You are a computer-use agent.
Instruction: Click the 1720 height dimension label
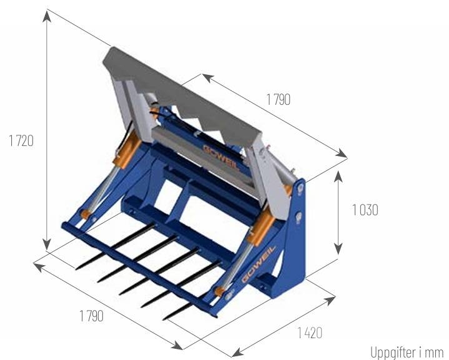(21, 141)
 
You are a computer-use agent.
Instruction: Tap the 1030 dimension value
(365, 210)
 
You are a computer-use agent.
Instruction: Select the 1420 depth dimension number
(310, 333)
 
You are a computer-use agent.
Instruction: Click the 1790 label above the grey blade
(279, 100)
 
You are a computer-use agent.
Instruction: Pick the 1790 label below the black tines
(91, 316)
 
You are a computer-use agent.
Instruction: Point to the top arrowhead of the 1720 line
(47, 16)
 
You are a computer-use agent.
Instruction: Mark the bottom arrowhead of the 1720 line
(47, 245)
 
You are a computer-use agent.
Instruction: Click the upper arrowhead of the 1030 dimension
(338, 177)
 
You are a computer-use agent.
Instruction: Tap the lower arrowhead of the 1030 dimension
(338, 248)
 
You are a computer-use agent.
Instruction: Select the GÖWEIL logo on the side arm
(258, 264)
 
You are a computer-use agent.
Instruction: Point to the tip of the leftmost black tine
(76, 269)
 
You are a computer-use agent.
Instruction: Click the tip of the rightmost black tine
(163, 319)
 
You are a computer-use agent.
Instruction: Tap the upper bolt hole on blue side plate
(300, 188)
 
